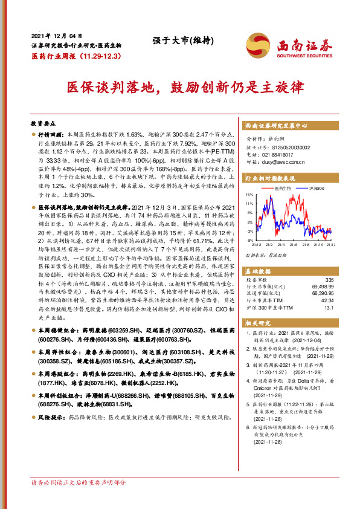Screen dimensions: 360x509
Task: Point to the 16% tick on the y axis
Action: click(249, 195)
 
